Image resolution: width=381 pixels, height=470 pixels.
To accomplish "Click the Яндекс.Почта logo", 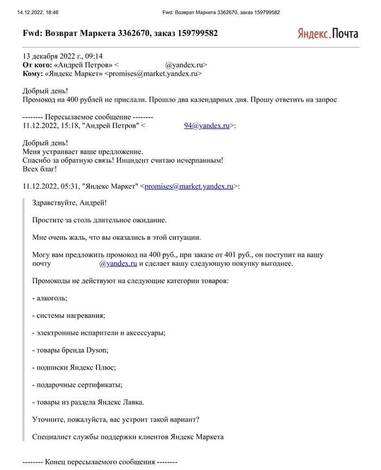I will point(328,33).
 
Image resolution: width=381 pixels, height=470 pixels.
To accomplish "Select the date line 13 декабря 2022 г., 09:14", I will point(63,56).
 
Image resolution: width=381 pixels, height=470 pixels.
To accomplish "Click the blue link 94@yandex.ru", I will point(206,125).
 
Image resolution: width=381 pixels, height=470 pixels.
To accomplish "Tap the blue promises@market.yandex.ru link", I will point(189,186).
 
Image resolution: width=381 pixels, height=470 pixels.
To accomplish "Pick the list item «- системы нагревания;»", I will point(69,315).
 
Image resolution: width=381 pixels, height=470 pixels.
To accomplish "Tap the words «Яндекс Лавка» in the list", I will point(120,402).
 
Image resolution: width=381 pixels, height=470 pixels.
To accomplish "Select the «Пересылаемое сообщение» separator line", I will point(88,117).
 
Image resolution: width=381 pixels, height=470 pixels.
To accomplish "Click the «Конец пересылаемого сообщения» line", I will point(100,462).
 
